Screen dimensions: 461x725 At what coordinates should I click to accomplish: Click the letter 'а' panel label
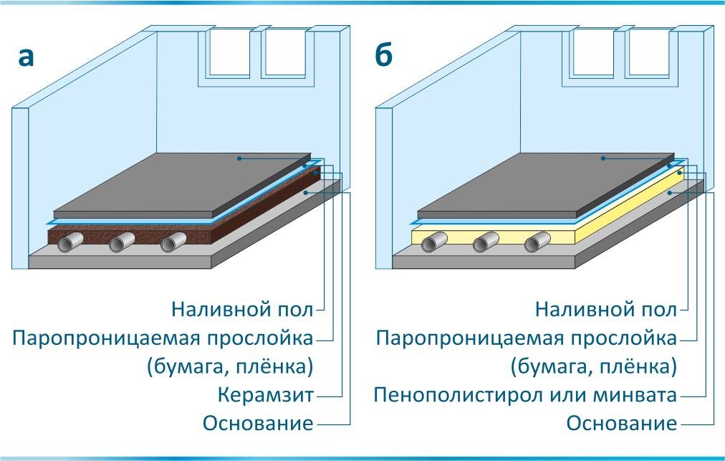[27, 57]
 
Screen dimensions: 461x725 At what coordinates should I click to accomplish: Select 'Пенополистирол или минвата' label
[525, 395]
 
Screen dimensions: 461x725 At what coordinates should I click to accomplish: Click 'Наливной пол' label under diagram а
[242, 310]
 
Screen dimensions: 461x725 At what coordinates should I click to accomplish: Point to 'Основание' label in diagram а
[258, 423]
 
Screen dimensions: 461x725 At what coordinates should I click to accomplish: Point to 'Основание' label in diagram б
[622, 423]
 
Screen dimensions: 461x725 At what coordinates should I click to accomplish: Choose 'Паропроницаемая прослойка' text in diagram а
[163, 338]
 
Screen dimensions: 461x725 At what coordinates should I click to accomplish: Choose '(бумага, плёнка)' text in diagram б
[593, 366]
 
